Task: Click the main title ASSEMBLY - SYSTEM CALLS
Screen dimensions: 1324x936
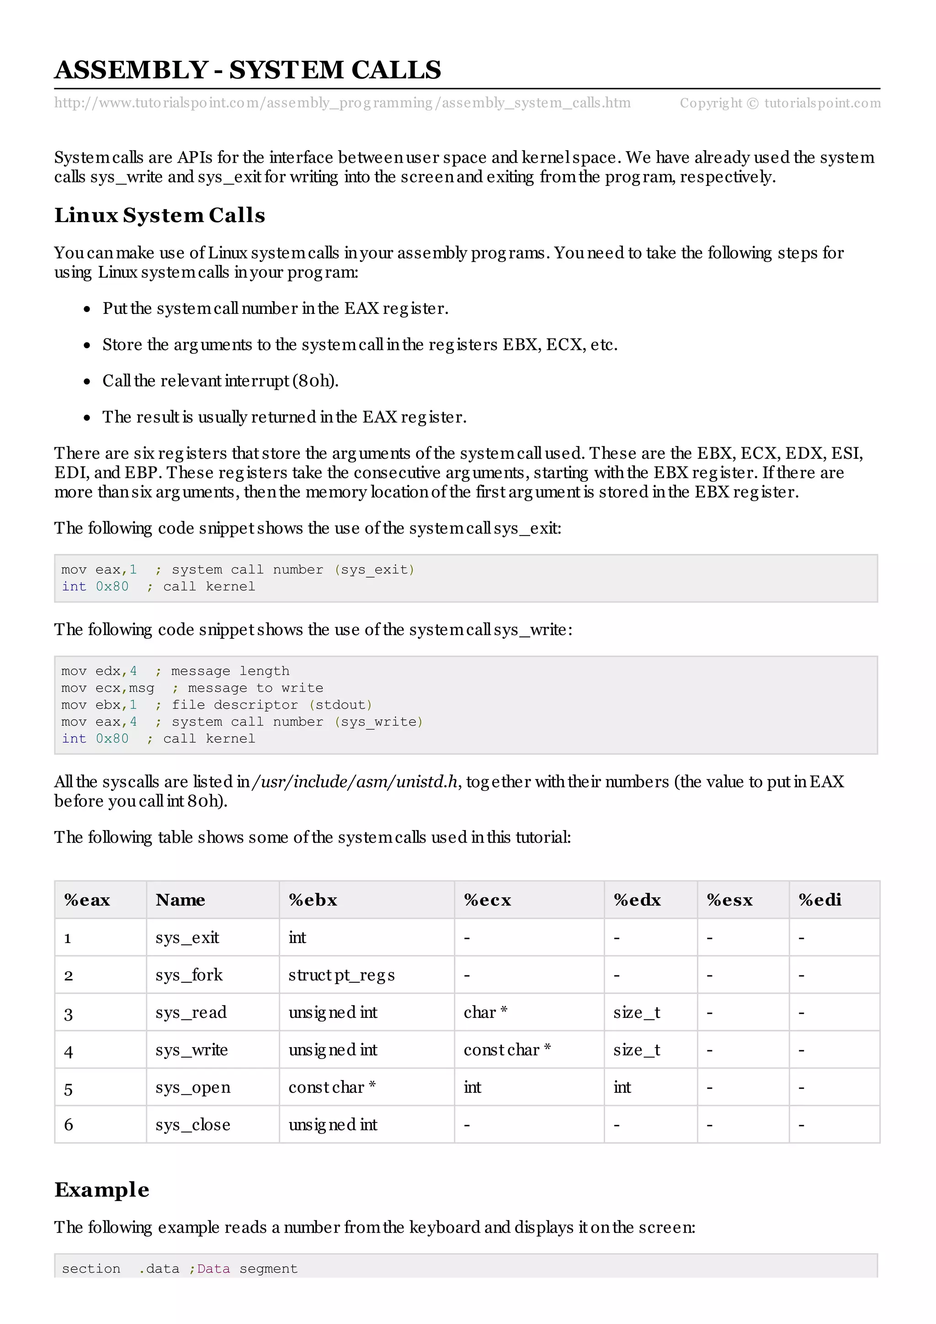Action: point(247,70)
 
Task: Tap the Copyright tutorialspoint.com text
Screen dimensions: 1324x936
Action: point(780,103)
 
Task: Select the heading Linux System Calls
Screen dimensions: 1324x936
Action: point(160,215)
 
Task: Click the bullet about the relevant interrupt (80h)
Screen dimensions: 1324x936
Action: point(220,381)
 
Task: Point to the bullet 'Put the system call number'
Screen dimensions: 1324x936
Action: point(275,308)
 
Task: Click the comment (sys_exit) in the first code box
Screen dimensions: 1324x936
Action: point(374,570)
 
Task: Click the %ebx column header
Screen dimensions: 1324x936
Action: point(313,900)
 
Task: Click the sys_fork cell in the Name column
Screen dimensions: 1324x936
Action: point(189,975)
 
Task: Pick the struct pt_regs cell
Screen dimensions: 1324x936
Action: point(341,975)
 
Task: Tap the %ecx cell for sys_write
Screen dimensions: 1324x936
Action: point(507,1050)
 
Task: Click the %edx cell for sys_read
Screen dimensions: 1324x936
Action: point(636,1012)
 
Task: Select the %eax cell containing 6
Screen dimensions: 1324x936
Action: point(69,1125)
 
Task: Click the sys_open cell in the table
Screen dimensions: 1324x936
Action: point(192,1087)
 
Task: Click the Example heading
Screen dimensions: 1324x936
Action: point(102,1190)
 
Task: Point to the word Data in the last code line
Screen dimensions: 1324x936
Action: point(213,1269)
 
